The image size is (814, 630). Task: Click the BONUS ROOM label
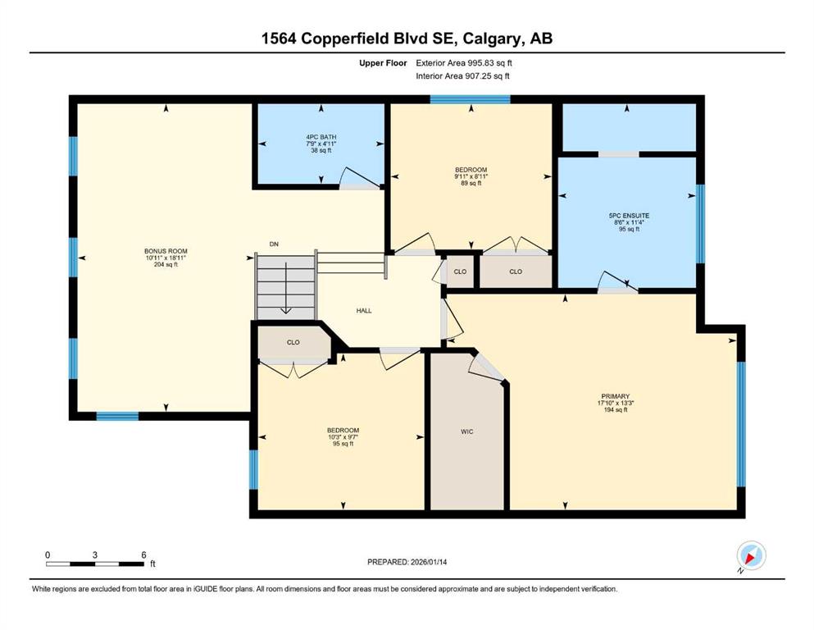tap(166, 251)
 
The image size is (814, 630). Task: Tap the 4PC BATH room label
tap(321, 137)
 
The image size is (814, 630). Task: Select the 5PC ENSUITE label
tap(629, 216)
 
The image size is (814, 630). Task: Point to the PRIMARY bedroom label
tap(615, 396)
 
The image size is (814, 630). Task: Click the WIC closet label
tap(466, 431)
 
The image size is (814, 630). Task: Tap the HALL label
tap(364, 311)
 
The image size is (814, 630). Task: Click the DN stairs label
tap(274, 244)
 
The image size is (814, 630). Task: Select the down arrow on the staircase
tap(285, 288)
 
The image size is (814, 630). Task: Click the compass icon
tap(751, 555)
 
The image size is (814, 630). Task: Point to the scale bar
tap(95, 564)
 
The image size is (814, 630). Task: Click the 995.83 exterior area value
tap(482, 63)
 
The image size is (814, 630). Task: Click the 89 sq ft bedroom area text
tap(471, 183)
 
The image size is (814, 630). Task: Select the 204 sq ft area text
tap(166, 264)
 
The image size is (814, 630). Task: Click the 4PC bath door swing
tap(359, 177)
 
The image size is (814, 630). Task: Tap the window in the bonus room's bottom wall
tap(117, 416)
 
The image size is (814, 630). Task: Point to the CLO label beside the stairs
tap(293, 342)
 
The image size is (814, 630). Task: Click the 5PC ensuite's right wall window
tap(700, 224)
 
